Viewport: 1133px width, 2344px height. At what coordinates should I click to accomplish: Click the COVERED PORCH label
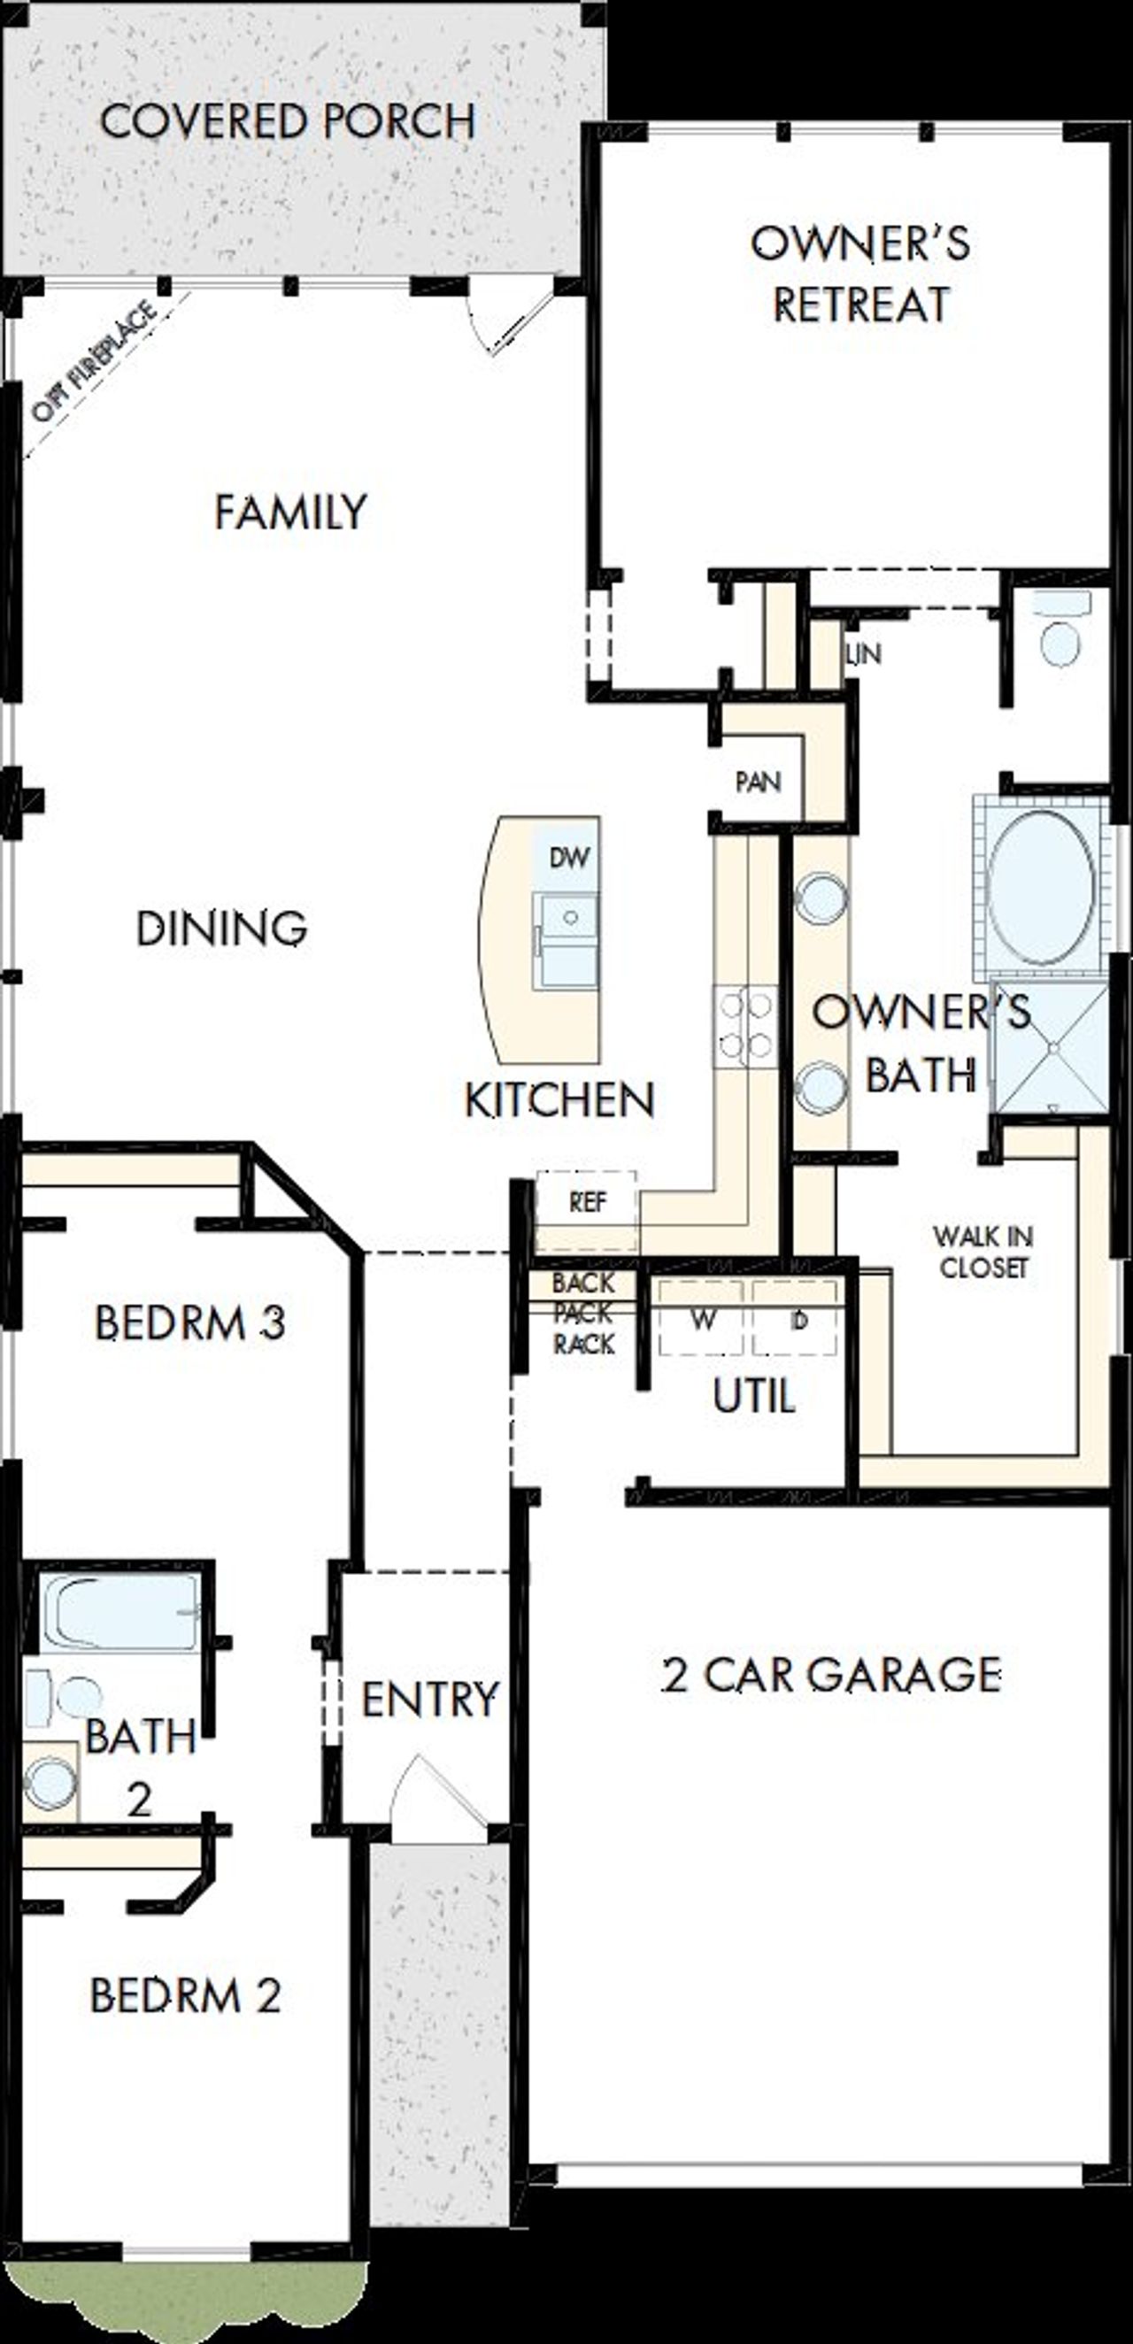(288, 122)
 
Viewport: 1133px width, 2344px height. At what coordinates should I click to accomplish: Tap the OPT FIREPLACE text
(94, 361)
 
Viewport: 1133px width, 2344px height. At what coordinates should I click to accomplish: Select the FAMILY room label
(290, 512)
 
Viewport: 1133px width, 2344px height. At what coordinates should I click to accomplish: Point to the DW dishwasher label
(570, 857)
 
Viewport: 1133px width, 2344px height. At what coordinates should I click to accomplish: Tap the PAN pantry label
(757, 782)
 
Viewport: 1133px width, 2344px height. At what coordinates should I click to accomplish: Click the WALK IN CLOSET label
(983, 1252)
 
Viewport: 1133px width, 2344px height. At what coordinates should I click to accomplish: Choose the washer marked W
(703, 1319)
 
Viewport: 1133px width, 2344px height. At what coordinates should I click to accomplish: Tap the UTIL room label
(753, 1396)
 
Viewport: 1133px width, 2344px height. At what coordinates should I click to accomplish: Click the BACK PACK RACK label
(583, 1313)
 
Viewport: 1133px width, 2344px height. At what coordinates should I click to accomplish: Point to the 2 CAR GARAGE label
(831, 1675)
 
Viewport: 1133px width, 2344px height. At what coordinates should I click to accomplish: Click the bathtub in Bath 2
(120, 1613)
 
